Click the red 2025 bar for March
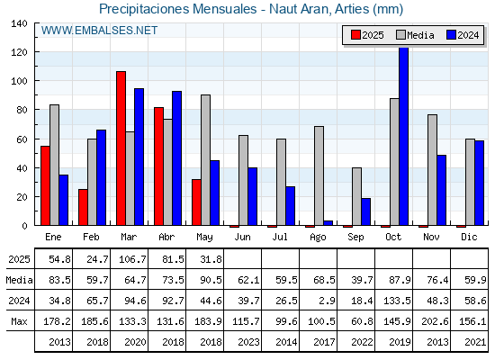[x=121, y=148]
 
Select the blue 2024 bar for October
[x=404, y=136]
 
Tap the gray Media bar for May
[x=206, y=160]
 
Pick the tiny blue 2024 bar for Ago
[x=328, y=223]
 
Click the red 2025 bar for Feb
[x=83, y=207]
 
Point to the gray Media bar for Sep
[x=356, y=196]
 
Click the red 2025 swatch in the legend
[x=355, y=35]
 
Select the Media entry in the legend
[x=415, y=35]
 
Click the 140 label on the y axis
[x=20, y=23]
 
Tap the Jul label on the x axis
[x=280, y=237]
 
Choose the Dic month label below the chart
[x=469, y=237]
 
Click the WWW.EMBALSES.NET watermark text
[x=99, y=31]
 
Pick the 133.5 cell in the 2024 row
[x=397, y=301]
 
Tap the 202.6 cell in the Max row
[x=435, y=321]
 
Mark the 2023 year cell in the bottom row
[x=248, y=342]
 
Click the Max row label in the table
[x=19, y=321]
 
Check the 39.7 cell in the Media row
[x=362, y=280]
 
